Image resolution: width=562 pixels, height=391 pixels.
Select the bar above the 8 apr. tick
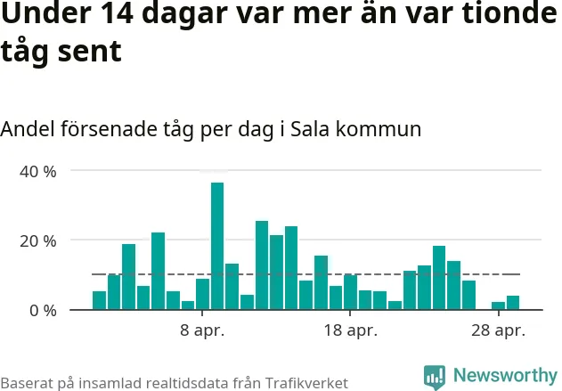[x=203, y=295]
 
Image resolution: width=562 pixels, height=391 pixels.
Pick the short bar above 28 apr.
[x=498, y=305]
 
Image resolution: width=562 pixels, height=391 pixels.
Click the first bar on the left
[x=99, y=301]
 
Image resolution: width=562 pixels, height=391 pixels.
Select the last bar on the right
[x=513, y=303]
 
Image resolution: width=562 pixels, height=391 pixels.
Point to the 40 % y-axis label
[x=38, y=171]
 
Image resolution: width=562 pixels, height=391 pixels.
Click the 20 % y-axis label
[x=38, y=240]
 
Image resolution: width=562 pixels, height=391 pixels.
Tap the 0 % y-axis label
[x=43, y=311]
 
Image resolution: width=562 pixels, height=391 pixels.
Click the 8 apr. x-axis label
[x=203, y=331]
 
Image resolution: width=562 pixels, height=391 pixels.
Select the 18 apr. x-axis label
[x=350, y=331]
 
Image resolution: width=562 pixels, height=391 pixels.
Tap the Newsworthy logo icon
[x=435, y=376]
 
